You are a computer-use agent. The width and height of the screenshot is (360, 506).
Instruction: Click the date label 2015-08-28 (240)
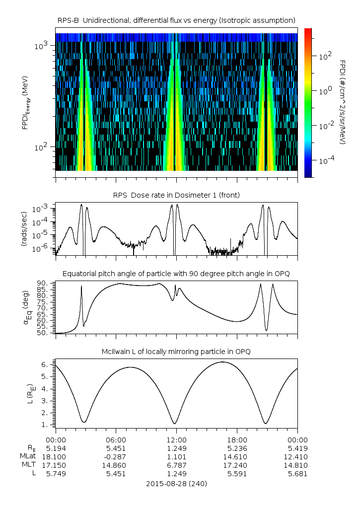177,483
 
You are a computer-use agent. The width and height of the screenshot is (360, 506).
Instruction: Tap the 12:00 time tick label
177,439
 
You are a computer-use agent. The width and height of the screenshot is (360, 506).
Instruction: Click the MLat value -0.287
116,456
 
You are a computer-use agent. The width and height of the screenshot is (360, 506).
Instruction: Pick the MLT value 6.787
177,465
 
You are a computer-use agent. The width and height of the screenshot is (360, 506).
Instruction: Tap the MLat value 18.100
56,456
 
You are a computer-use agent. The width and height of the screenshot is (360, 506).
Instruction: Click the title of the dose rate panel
177,195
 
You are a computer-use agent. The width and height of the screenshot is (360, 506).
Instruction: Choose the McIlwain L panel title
177,352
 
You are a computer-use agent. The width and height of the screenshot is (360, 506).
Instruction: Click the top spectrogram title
177,20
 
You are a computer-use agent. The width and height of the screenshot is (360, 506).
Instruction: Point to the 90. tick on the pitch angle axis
43,283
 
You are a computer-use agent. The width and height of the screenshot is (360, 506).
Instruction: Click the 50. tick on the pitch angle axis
43,333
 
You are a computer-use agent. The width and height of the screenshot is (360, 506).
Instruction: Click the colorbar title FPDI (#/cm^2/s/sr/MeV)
342,102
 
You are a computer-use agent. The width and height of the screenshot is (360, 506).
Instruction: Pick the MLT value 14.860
116,465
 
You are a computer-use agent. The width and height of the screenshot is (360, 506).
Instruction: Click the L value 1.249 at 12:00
177,473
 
